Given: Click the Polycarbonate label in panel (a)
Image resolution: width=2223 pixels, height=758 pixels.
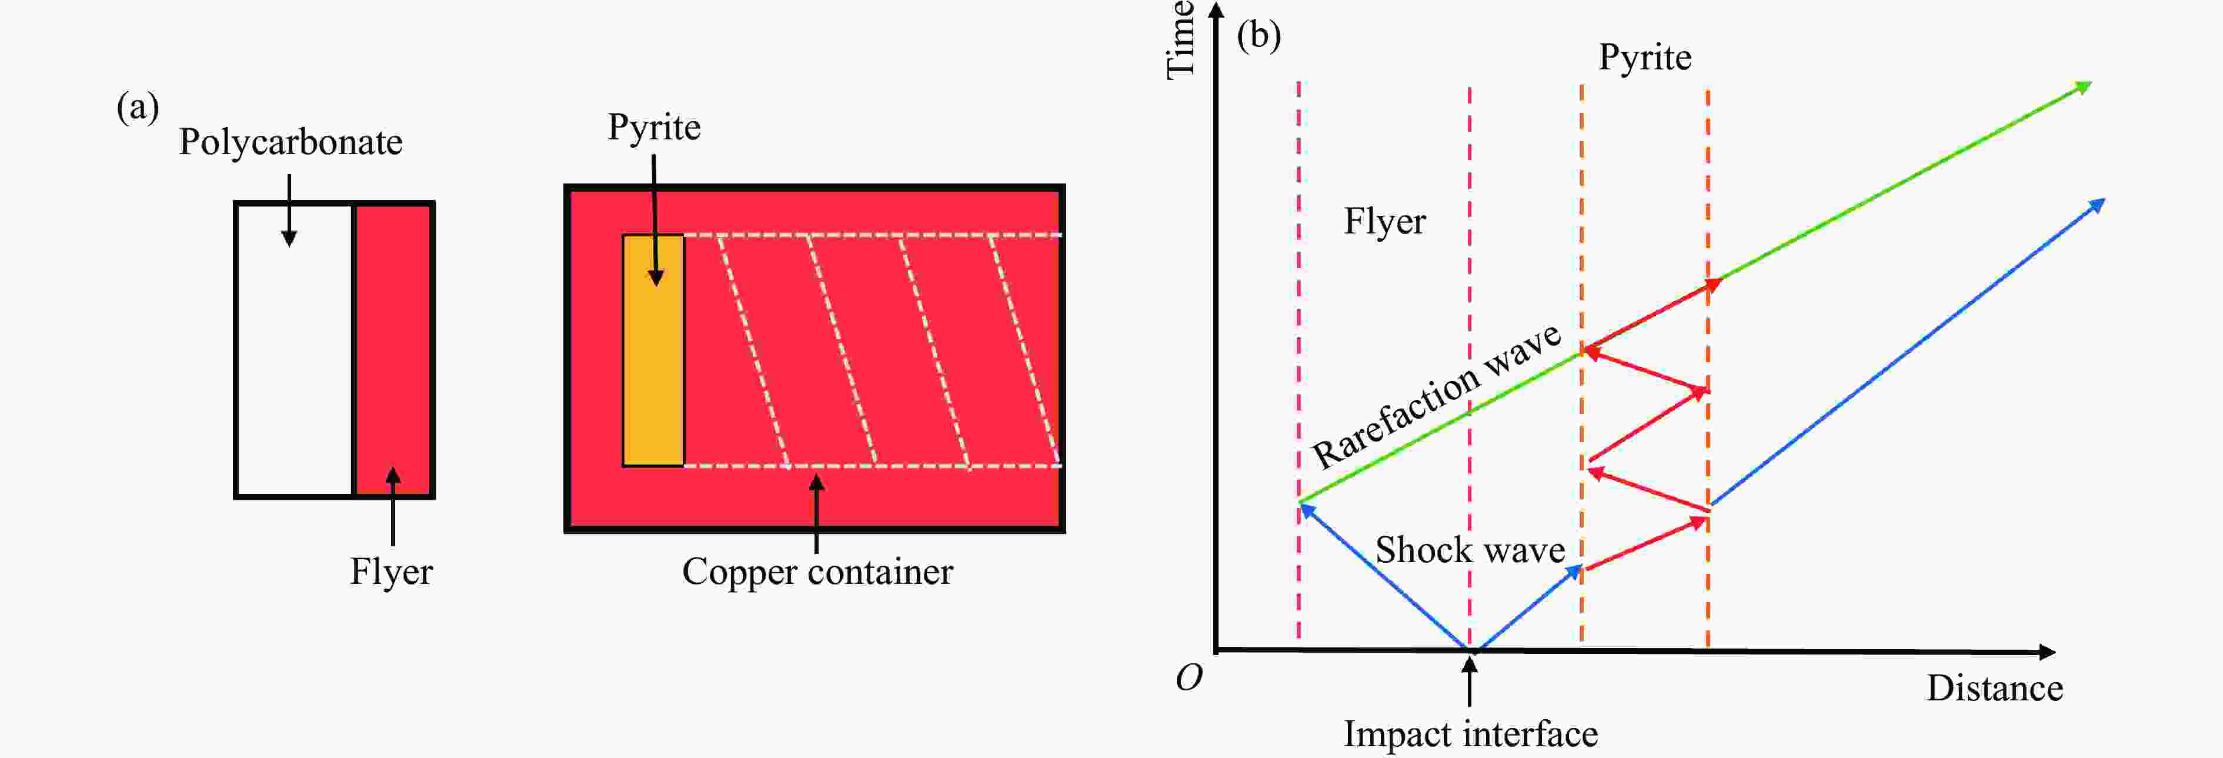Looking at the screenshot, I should tap(291, 142).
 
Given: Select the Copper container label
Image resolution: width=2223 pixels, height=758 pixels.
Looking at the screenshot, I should tap(817, 572).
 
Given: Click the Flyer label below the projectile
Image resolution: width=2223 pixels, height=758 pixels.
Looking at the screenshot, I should tap(391, 572).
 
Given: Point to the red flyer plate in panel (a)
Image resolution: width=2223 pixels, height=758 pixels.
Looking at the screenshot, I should tap(393, 345).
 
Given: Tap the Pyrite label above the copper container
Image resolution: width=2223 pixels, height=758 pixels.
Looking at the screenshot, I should tap(654, 128).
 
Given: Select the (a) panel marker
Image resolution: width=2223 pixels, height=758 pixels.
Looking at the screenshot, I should tap(138, 108).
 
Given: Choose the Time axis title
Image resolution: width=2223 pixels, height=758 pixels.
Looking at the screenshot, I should tap(1180, 41).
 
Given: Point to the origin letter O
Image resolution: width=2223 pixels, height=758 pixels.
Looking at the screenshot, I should tap(1189, 679).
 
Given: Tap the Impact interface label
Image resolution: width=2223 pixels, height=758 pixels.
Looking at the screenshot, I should tap(1470, 734).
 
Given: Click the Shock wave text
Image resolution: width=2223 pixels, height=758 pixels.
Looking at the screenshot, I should tap(1470, 550).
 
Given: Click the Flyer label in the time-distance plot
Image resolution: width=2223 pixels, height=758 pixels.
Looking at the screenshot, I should tap(1384, 222).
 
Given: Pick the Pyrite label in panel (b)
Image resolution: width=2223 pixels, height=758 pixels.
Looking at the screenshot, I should tap(1645, 58).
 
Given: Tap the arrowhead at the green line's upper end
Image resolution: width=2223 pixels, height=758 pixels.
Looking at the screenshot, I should tap(2083, 87).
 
